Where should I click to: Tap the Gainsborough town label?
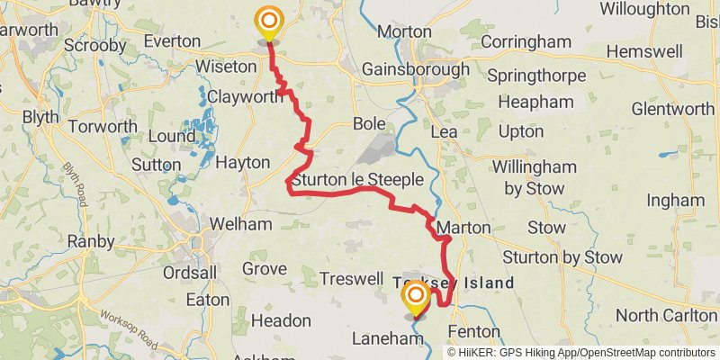[415, 69]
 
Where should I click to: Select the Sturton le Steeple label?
[356, 180]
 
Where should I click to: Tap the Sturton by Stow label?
[562, 257]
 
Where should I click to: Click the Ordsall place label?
[191, 273]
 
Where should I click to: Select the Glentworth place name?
[672, 109]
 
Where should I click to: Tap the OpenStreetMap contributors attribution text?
[646, 352]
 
